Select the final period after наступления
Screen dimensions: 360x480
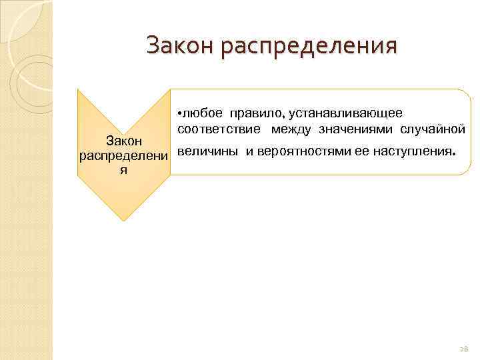click(454, 153)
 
